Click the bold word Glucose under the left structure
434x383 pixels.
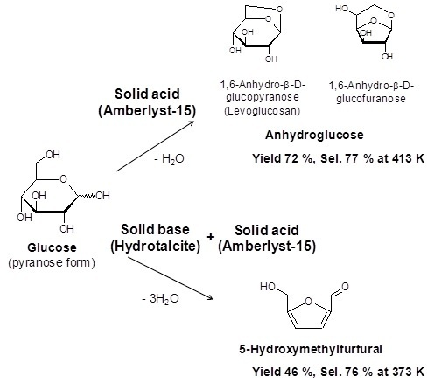(x=52, y=247)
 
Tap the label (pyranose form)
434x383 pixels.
(x=52, y=263)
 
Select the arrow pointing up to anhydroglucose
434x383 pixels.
(x=155, y=146)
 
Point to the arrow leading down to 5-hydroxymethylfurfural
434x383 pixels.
(x=171, y=278)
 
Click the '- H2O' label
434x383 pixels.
(x=170, y=159)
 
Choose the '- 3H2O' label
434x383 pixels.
(x=160, y=299)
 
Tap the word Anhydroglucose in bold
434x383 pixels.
(x=314, y=136)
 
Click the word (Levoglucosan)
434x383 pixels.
(x=262, y=111)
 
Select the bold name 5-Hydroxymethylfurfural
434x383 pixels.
(x=311, y=349)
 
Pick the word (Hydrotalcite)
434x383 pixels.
(x=156, y=247)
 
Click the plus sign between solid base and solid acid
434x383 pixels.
(x=211, y=237)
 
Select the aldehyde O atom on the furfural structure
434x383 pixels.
(x=345, y=287)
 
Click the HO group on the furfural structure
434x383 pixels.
(x=268, y=287)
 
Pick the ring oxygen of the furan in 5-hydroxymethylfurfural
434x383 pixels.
(x=308, y=301)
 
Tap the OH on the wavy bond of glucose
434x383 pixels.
(x=102, y=195)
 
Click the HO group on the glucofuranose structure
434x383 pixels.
(x=342, y=9)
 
